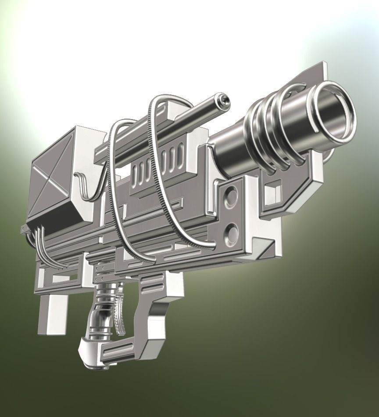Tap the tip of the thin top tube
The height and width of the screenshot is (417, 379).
coord(225,101)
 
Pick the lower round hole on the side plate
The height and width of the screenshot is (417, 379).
coord(231,230)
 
